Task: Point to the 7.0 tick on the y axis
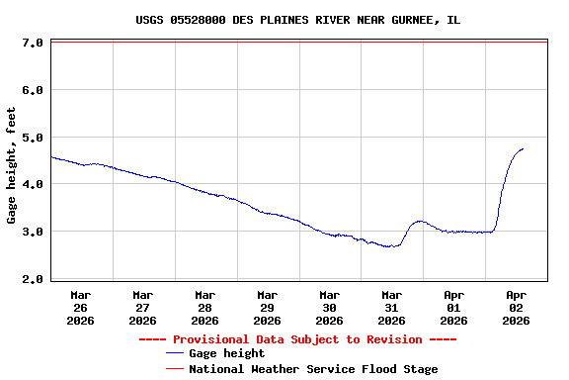coord(32,43)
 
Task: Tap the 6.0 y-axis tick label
coord(32,90)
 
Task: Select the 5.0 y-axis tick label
coord(32,138)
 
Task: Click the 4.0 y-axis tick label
coord(32,184)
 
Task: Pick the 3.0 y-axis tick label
coord(32,232)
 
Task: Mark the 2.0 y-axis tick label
coord(32,279)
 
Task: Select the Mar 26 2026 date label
coord(81,307)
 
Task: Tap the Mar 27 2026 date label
coord(143,307)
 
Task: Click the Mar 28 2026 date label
coord(205,307)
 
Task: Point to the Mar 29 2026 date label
coord(268,307)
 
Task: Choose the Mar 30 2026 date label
coord(330,307)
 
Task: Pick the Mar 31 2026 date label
coord(392,307)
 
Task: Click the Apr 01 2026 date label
coord(454,307)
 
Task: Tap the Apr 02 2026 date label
coord(517,307)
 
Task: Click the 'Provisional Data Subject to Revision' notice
coord(297,339)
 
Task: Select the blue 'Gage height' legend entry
coord(226,353)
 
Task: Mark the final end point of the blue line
coord(523,149)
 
